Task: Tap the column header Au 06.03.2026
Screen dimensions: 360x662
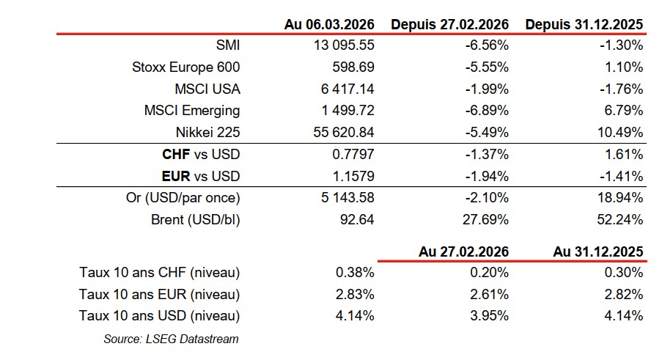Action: tap(329, 24)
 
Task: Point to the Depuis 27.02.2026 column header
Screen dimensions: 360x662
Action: tap(450, 24)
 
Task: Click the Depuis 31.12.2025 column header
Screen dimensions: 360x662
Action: tap(584, 24)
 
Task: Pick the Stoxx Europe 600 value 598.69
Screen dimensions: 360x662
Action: tap(356, 67)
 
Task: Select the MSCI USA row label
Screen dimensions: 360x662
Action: tap(207, 89)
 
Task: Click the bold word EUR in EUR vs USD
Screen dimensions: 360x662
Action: tap(175, 177)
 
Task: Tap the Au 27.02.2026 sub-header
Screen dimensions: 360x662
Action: tap(463, 251)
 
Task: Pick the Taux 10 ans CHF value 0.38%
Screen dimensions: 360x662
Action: tap(356, 273)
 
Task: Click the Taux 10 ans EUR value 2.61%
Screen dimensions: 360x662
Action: tap(490, 295)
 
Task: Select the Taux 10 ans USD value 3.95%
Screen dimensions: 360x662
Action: tap(490, 317)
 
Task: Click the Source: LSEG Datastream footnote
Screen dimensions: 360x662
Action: tap(172, 339)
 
